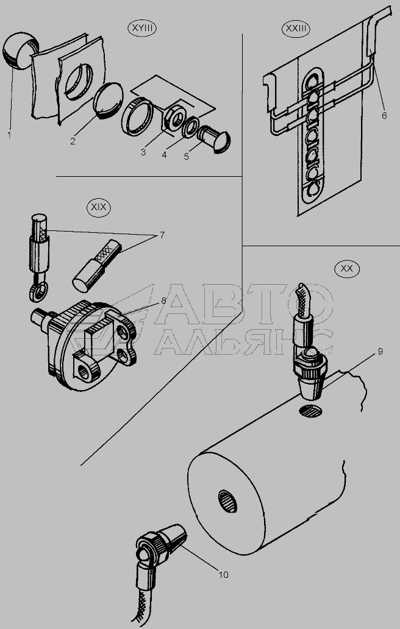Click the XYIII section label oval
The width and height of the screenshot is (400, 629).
tap(141, 29)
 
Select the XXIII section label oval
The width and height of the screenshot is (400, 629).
tap(296, 29)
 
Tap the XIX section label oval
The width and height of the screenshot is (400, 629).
tap(99, 207)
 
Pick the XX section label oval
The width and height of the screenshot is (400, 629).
tap(346, 269)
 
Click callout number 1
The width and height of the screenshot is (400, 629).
tap(9, 135)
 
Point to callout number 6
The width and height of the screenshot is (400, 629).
tap(384, 116)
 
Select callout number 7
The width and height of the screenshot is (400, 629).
tap(162, 235)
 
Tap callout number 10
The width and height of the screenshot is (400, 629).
tap(223, 574)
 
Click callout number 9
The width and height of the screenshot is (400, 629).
tap(380, 352)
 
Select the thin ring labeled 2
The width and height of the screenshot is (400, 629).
tap(107, 101)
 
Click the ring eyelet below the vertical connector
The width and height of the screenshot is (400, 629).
tap(37, 291)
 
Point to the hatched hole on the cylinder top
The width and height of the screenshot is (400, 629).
tap(310, 411)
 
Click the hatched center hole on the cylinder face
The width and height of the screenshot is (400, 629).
tap(227, 501)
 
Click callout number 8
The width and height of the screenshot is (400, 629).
tap(163, 300)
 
